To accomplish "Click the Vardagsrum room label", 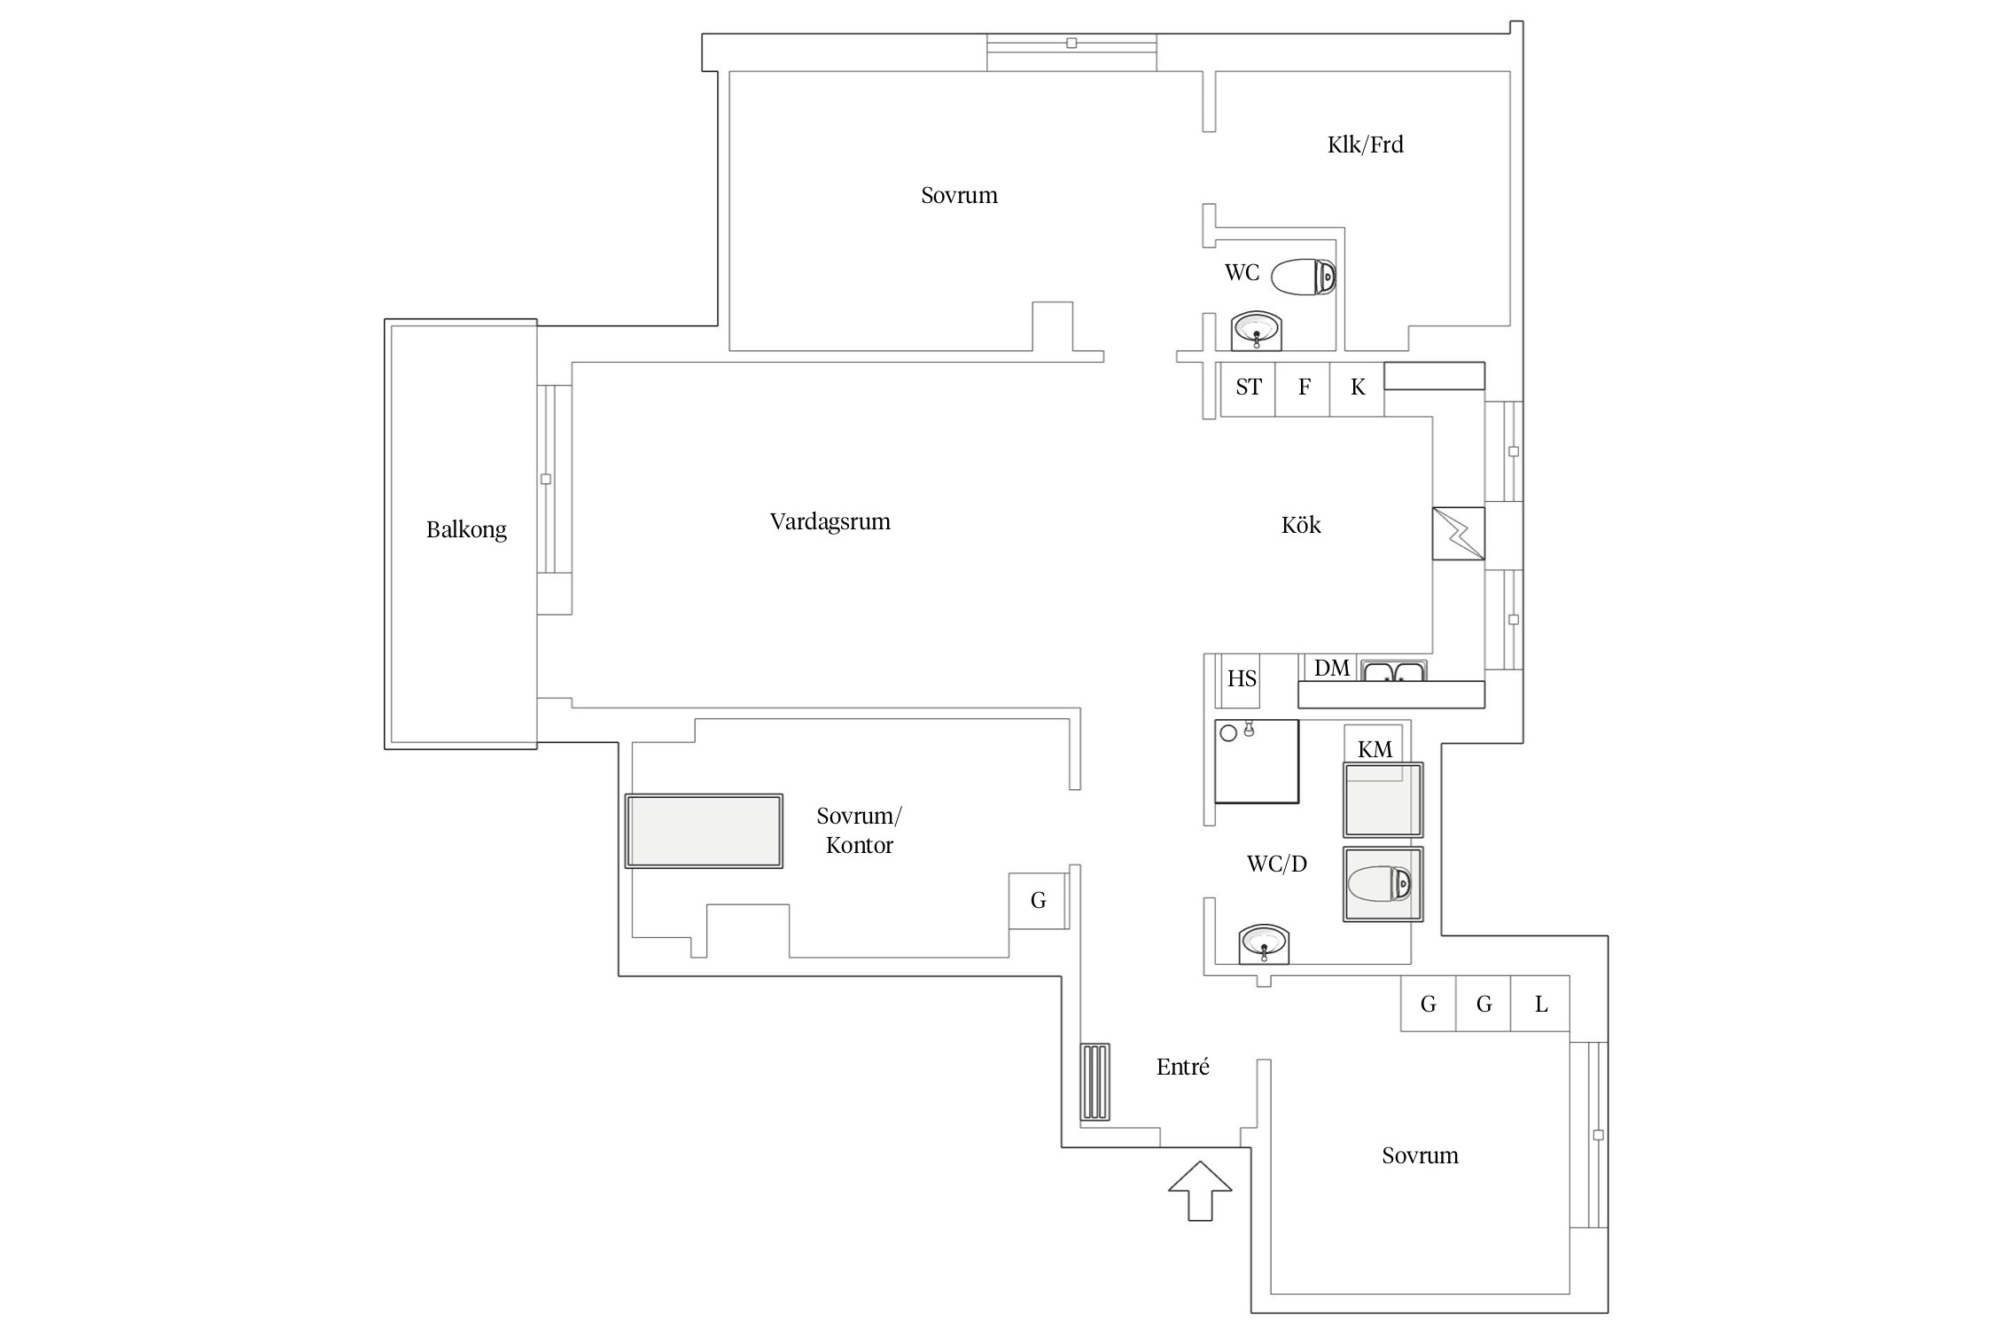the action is [x=830, y=521].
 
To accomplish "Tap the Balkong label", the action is [x=466, y=529].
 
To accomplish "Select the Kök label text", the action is [x=1301, y=525].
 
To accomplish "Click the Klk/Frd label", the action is [x=1365, y=145].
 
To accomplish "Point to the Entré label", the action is [x=1182, y=1067].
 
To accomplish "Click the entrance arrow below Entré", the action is [x=1200, y=1191].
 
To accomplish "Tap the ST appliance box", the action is [x=1248, y=388].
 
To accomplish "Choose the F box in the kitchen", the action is [x=1303, y=388].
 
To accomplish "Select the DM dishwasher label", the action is [x=1331, y=668].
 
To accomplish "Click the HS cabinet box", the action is [x=1241, y=680].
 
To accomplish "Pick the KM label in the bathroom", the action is [x=1375, y=749].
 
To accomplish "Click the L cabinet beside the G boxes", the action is [x=1540, y=1003].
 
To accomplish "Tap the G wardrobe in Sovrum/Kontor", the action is [x=1038, y=901].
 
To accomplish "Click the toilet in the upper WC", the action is [x=1304, y=278].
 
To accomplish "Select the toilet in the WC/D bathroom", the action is [x=1379, y=884].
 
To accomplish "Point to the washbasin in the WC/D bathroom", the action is [x=1264, y=943].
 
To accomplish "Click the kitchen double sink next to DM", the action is [x=1394, y=671].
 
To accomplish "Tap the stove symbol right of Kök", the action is [x=1458, y=533].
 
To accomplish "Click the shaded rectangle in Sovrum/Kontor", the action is [x=704, y=831].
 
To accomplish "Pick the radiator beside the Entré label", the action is [x=1095, y=1082].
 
